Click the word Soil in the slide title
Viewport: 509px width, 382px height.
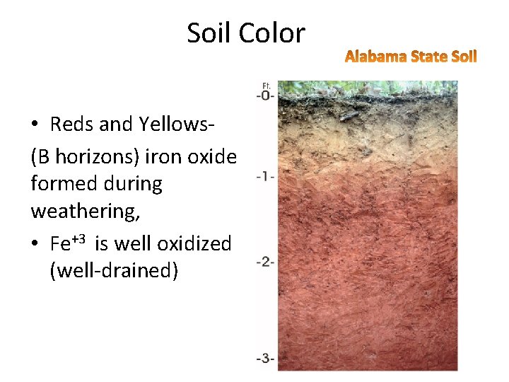[209, 33]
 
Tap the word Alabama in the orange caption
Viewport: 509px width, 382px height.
[375, 56]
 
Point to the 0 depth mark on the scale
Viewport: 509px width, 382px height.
[267, 95]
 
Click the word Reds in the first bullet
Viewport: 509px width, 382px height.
[72, 124]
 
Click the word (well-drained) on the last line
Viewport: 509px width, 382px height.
[114, 271]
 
